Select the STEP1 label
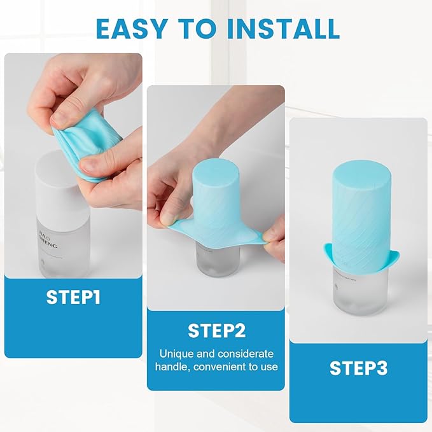pos(73,297)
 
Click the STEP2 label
pos(216,330)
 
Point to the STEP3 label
pos(358,368)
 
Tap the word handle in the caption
pos(175,366)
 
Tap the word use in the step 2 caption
pos(270,366)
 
